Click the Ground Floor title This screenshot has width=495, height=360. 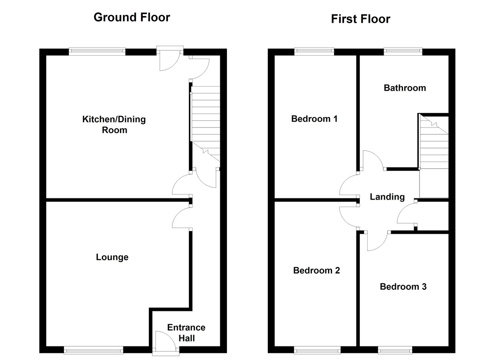[x=132, y=17]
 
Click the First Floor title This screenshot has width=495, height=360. [x=361, y=19]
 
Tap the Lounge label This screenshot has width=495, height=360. [x=112, y=257]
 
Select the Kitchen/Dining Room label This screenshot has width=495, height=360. [x=114, y=125]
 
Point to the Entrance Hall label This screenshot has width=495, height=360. [x=186, y=333]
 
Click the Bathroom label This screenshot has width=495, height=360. [x=405, y=88]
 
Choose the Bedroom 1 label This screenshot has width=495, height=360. [x=314, y=119]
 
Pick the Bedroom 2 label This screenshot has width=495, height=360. [x=316, y=271]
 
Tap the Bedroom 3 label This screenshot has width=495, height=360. [x=403, y=287]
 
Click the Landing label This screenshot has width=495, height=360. [x=387, y=197]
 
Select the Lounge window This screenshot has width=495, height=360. [x=94, y=350]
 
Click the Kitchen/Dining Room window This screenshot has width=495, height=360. [x=97, y=52]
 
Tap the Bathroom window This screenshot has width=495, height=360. [x=403, y=52]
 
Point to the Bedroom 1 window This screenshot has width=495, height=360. [x=314, y=52]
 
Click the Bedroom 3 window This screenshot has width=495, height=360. [x=395, y=350]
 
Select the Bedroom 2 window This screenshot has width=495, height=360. [x=317, y=350]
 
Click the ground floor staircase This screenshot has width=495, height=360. [x=205, y=124]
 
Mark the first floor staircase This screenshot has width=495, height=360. [x=434, y=142]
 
